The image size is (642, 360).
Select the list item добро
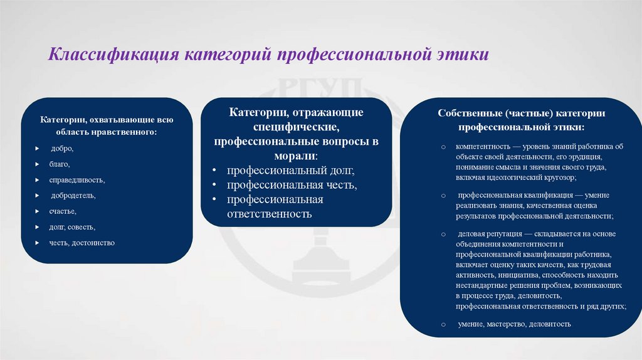tap(62, 149)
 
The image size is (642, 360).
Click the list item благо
tap(60, 164)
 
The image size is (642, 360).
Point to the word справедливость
tap(77, 180)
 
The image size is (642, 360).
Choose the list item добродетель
tap(73, 196)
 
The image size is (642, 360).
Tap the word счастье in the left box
tap(63, 211)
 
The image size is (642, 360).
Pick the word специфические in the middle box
tap(296, 127)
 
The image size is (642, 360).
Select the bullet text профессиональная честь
tap(292, 185)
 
